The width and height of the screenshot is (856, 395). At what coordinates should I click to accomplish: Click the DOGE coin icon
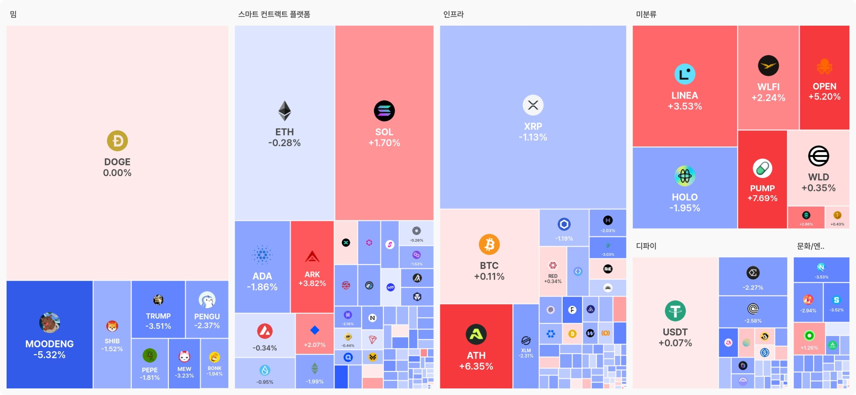tap(117, 141)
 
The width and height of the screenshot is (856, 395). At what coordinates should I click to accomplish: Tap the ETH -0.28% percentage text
tap(284, 143)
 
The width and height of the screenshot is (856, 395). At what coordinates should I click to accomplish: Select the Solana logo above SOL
tap(384, 111)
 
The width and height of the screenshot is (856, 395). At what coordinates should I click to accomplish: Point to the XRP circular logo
tap(533, 105)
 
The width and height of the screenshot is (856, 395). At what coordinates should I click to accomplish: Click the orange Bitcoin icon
tap(489, 244)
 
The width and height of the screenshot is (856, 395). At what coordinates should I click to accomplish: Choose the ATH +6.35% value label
tap(476, 366)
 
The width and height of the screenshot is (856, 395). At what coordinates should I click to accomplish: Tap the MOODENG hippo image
tap(49, 323)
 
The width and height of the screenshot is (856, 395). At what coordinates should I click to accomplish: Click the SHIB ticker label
tap(112, 341)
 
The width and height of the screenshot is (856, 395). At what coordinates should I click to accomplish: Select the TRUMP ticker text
tap(158, 316)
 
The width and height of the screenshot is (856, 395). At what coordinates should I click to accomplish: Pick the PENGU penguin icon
tap(207, 300)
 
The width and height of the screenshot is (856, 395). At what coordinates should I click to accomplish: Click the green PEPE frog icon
tap(149, 355)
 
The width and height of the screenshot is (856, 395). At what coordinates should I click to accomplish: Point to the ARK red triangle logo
tap(312, 257)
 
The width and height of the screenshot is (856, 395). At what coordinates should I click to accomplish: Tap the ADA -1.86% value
tap(262, 287)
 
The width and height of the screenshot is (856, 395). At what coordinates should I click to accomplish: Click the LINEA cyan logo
tap(684, 74)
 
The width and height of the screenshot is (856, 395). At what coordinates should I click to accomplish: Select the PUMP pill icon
tap(762, 168)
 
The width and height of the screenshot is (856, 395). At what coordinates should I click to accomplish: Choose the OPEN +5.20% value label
tap(824, 97)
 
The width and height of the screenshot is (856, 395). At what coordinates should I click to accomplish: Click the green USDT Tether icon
tap(675, 311)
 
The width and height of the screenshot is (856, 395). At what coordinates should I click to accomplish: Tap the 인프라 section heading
tap(453, 14)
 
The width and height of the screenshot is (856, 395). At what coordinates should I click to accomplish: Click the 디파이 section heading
tap(646, 246)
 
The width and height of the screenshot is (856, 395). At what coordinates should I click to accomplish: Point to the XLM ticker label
tap(526, 350)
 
